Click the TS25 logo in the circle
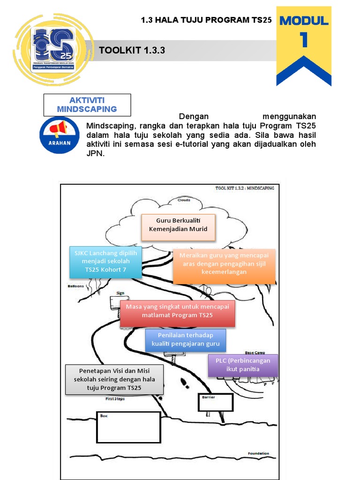click(x=52, y=49)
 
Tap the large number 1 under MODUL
click(x=304, y=40)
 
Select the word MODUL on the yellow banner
click(x=304, y=21)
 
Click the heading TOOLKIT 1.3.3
click(x=132, y=51)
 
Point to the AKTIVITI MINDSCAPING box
click(x=87, y=105)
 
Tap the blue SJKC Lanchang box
click(x=106, y=262)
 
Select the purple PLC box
click(x=243, y=365)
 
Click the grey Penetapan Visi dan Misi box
click(x=114, y=379)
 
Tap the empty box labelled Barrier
click(x=215, y=402)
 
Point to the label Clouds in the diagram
click(x=184, y=200)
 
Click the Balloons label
click(x=76, y=285)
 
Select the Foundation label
click(x=259, y=453)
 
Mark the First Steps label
click(x=115, y=399)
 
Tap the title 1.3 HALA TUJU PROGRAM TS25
click(x=206, y=20)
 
